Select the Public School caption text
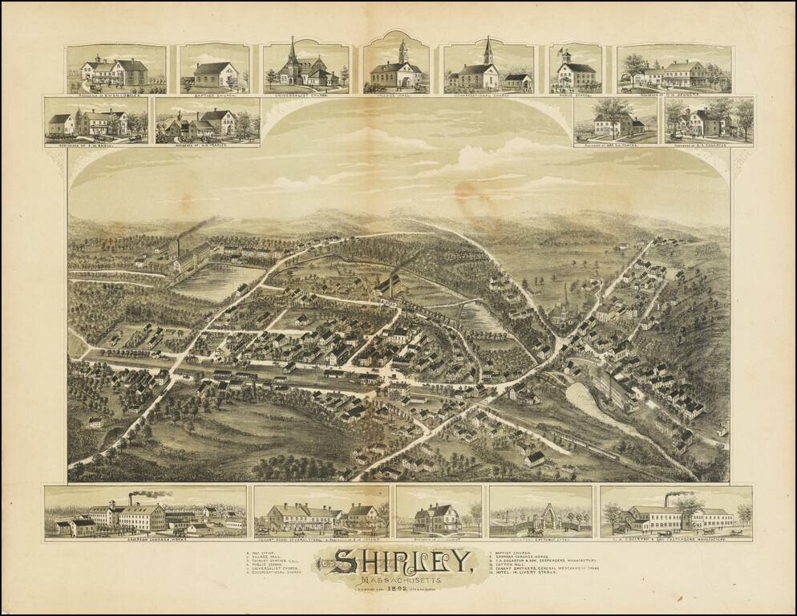pos(575,92)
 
